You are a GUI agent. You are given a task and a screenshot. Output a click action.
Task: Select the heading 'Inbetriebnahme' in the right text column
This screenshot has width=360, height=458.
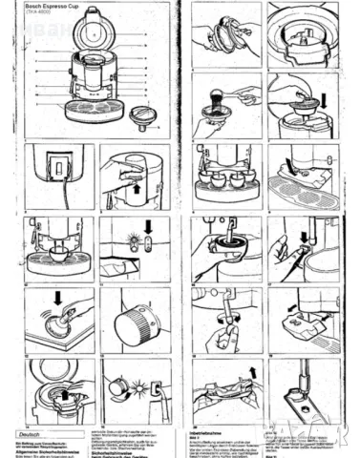coord(209,431)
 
